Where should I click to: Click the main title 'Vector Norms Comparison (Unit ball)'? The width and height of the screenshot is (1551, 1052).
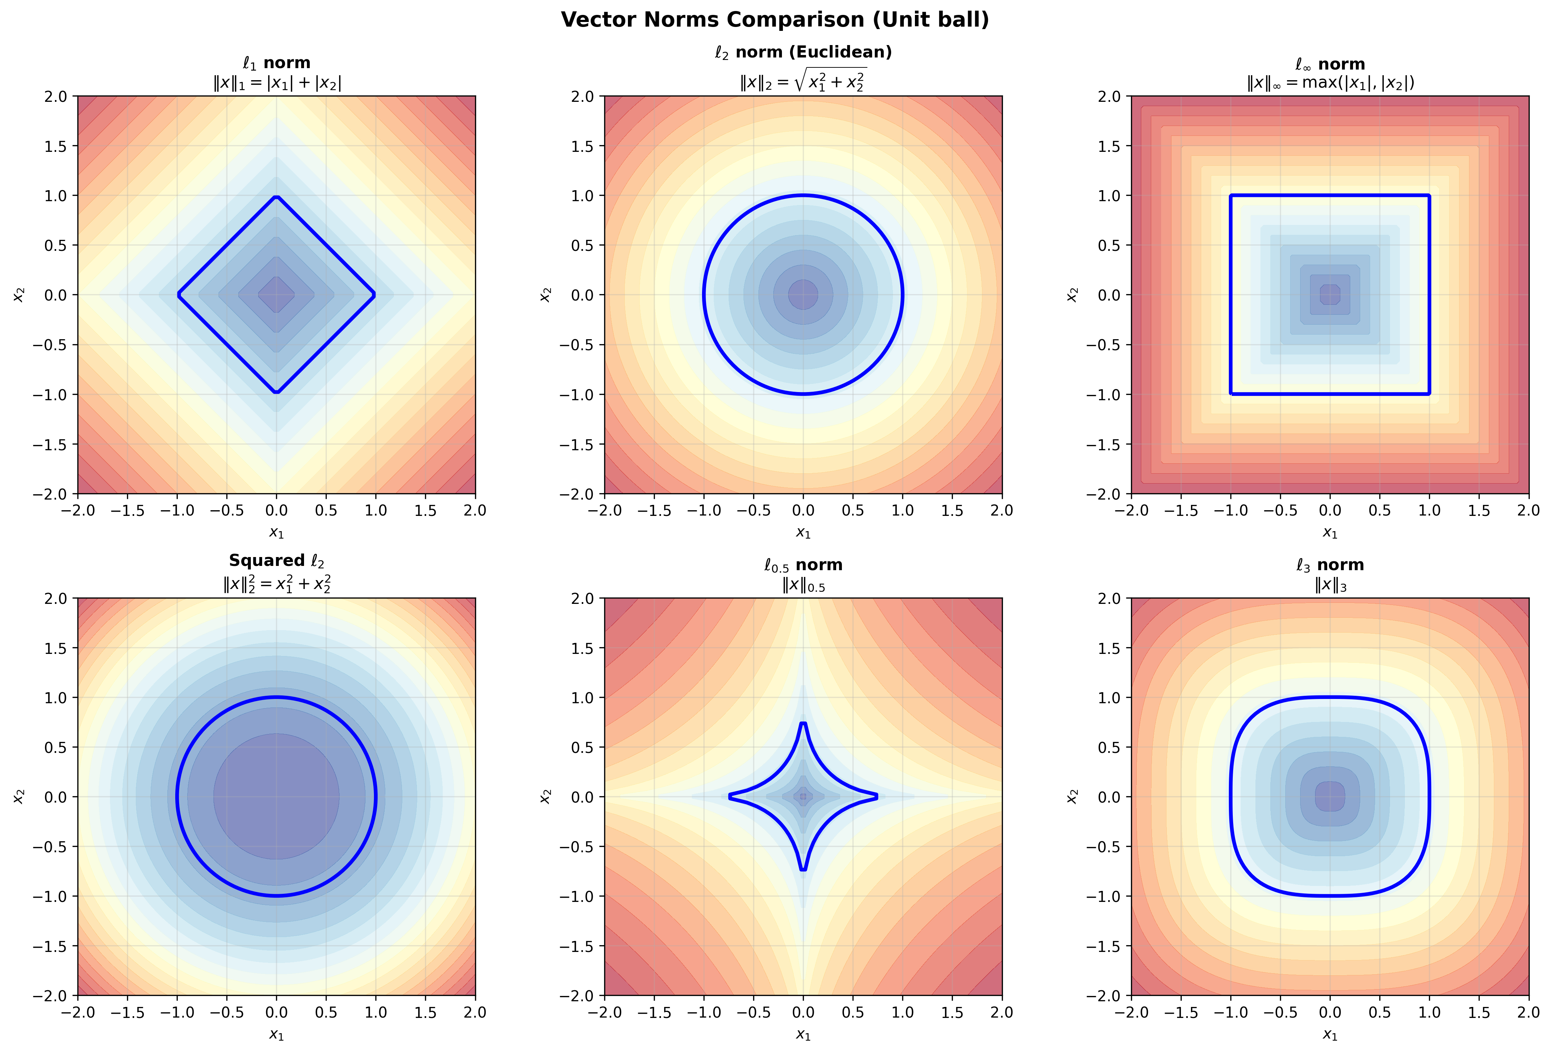[x=775, y=20]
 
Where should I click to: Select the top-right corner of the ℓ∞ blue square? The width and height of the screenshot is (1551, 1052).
[x=1429, y=195]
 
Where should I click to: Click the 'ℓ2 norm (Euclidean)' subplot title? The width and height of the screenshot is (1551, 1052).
[x=803, y=52]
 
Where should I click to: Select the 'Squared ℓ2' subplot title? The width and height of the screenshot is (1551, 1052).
[x=276, y=561]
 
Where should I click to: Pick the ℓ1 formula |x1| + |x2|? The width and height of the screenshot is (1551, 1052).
[x=276, y=83]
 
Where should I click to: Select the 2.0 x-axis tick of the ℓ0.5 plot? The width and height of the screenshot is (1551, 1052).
[x=1002, y=1013]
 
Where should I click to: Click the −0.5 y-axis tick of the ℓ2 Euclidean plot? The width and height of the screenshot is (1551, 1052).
[x=578, y=345]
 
